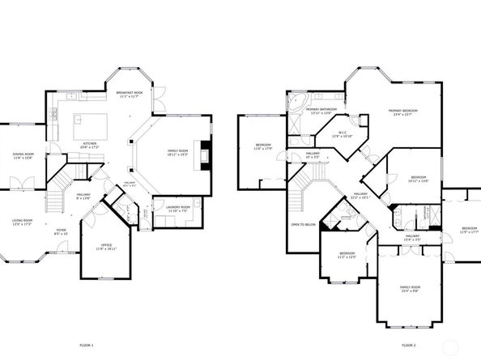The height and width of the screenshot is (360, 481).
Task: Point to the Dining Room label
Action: pos(23,156)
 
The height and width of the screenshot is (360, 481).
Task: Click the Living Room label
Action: pos(22,222)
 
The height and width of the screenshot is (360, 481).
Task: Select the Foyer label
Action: pos(62,231)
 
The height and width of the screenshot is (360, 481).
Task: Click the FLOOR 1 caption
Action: pos(87,345)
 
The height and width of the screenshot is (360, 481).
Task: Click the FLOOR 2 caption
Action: pos(409,345)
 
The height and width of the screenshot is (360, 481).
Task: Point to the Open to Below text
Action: pos(302,224)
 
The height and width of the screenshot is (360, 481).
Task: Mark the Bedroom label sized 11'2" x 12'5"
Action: pos(347,256)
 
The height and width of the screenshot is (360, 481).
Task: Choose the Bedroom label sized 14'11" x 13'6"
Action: pos(418,179)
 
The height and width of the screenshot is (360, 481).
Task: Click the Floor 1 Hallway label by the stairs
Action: pos(84,195)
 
